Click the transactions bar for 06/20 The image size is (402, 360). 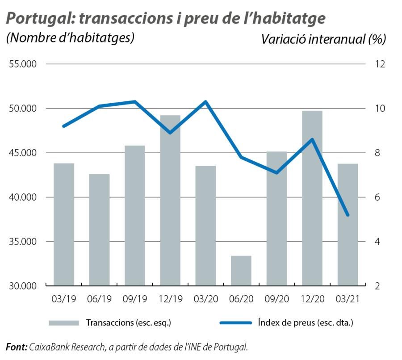(x=241, y=271)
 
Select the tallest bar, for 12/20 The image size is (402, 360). (x=312, y=198)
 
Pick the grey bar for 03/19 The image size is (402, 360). (x=64, y=224)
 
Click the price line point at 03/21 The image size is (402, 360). (x=348, y=215)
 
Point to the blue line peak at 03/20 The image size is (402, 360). (x=205, y=102)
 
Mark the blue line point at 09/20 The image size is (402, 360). (x=276, y=172)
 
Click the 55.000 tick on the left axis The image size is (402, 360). (x=22, y=64)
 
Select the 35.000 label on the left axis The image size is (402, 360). (x=22, y=242)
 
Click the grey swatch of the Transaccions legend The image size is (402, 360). (x=64, y=322)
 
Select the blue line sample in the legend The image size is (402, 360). (x=236, y=322)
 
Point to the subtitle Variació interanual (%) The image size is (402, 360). (x=323, y=39)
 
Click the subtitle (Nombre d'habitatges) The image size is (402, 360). (x=70, y=37)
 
